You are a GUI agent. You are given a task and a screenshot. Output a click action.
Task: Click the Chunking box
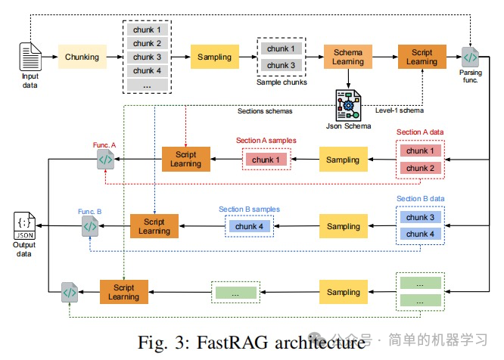point(82,57)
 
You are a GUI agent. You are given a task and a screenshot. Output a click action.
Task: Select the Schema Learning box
point(347,57)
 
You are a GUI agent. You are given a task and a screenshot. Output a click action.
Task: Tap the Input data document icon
point(30,57)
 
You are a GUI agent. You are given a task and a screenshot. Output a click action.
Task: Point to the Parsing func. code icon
point(470,57)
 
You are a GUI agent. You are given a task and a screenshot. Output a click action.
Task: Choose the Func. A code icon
point(105,160)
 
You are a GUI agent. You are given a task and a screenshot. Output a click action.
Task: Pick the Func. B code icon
point(89,225)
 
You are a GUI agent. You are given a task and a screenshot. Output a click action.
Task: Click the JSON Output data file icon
point(25,225)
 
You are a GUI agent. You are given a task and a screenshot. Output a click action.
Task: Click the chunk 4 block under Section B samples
point(250,226)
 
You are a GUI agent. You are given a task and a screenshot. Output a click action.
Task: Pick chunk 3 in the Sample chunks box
point(282,65)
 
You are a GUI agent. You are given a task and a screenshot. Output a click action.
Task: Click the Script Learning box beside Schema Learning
point(422,57)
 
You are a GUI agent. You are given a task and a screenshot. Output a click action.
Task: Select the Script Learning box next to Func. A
point(185,160)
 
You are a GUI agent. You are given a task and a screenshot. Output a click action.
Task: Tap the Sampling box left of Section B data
point(344,226)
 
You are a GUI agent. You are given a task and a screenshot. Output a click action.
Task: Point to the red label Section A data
point(420,132)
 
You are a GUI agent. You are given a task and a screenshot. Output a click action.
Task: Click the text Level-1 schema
point(398,110)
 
